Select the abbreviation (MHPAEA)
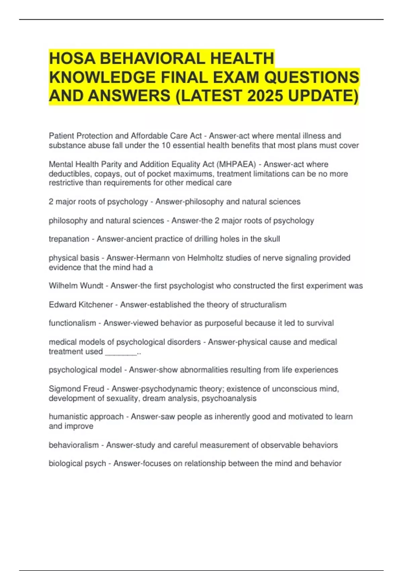coord(236,164)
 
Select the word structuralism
coord(263,305)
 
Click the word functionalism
coord(72,323)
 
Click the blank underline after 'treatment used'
coord(121,352)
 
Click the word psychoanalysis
coord(229,398)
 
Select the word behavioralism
coord(74,445)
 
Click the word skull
coord(272,239)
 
